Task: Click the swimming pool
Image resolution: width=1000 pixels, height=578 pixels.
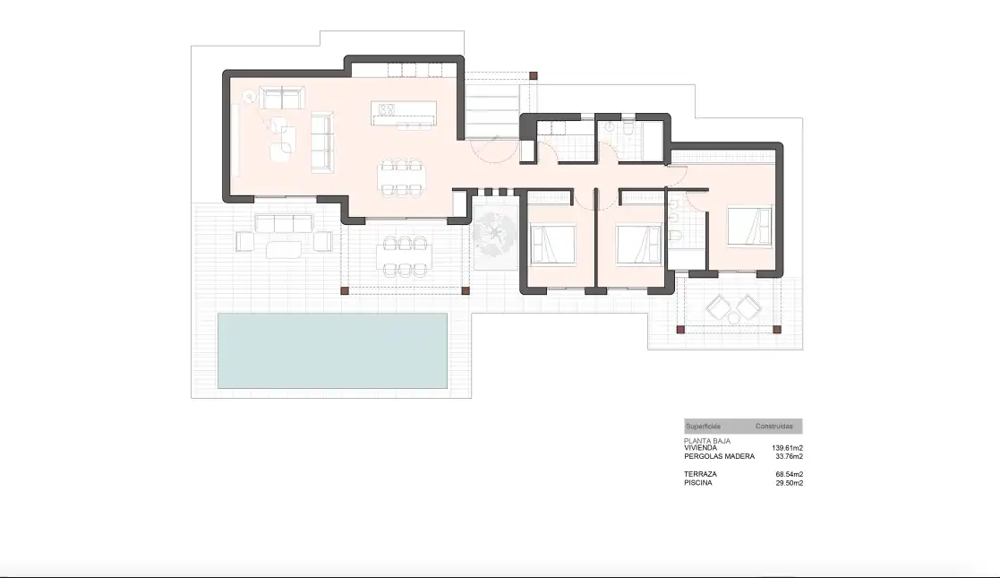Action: pyautogui.click(x=332, y=350)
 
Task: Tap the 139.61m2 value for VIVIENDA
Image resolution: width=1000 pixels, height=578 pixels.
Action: pyautogui.click(x=787, y=448)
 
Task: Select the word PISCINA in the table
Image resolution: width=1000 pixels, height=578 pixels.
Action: pyautogui.click(x=698, y=483)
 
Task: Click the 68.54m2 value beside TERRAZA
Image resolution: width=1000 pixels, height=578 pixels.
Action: pyautogui.click(x=789, y=475)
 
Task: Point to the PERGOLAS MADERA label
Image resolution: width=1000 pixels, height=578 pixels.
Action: pyautogui.click(x=720, y=457)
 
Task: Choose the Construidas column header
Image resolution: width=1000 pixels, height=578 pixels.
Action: pyautogui.click(x=774, y=427)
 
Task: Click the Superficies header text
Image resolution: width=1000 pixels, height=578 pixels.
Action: pyautogui.click(x=704, y=427)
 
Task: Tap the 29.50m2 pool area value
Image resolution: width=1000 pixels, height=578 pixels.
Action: pyautogui.click(x=789, y=484)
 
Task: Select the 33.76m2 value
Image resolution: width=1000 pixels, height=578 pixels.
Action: pyautogui.click(x=789, y=457)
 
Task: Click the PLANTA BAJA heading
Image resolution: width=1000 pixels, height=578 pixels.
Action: pyautogui.click(x=707, y=441)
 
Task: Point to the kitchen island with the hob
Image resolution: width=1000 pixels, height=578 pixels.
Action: pyautogui.click(x=404, y=113)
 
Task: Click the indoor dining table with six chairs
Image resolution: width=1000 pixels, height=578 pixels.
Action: pyautogui.click(x=402, y=177)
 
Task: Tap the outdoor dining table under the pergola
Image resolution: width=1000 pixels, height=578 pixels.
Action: pyautogui.click(x=405, y=256)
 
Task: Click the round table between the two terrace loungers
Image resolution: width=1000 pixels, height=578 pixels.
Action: pyautogui.click(x=733, y=318)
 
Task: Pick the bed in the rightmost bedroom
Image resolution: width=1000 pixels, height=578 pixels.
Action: pyautogui.click(x=749, y=226)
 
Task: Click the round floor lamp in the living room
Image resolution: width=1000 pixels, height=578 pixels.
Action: pyautogui.click(x=250, y=97)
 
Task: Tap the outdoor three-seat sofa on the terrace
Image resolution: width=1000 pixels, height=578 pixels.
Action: pyautogui.click(x=284, y=223)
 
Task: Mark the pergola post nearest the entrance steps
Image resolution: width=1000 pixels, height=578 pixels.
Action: pyautogui.click(x=534, y=76)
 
